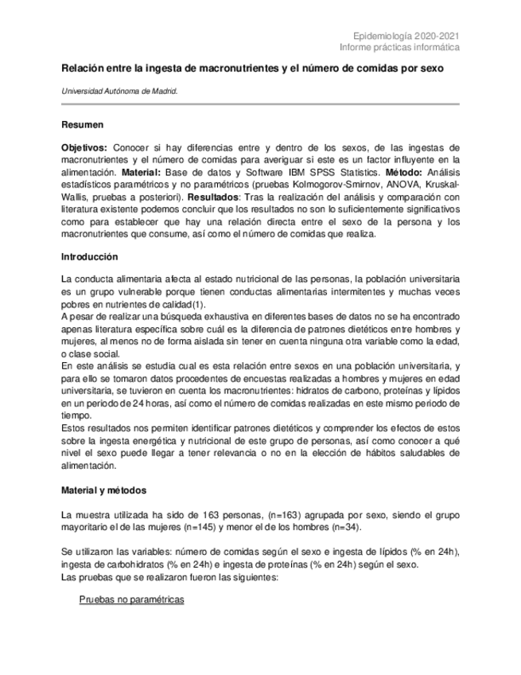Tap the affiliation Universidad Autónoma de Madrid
(120, 92)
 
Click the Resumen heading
(83, 125)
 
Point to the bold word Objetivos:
(84, 148)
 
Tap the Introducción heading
(90, 257)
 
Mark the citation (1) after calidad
(200, 304)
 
